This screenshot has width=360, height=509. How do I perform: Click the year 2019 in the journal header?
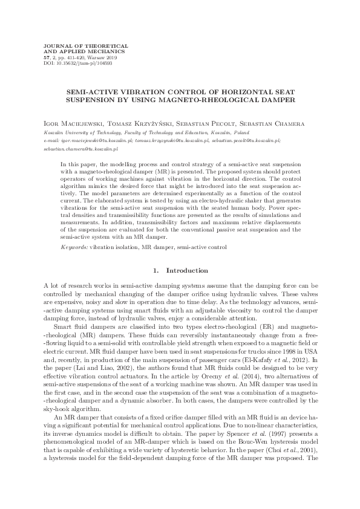click(x=109, y=57)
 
